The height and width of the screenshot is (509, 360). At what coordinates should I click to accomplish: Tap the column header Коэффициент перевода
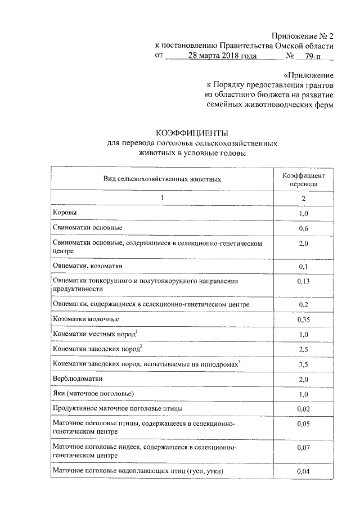[x=303, y=179]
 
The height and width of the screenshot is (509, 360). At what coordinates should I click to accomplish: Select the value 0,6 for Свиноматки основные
[x=303, y=229]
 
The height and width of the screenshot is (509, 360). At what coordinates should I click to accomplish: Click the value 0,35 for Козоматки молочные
[x=303, y=320]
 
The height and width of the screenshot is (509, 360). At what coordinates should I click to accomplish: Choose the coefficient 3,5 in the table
[x=303, y=365]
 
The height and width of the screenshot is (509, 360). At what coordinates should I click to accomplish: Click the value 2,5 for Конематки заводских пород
[x=303, y=350]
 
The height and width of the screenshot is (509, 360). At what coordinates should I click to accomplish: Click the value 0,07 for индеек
[x=303, y=448]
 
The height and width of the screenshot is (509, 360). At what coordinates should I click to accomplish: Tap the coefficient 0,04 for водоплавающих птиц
[x=303, y=472]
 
